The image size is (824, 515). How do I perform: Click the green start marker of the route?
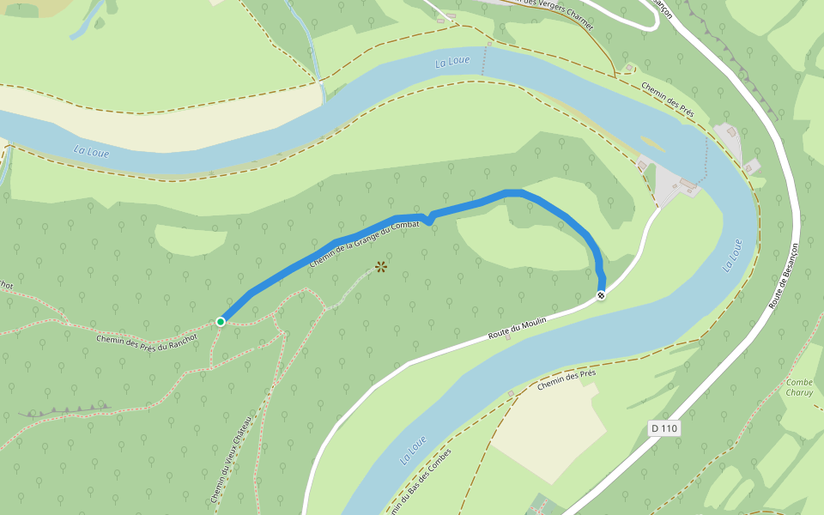[x=221, y=321]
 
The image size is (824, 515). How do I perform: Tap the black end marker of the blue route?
[x=602, y=295]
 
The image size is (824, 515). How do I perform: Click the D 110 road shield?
[x=664, y=427]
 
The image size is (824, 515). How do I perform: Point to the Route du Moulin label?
[x=517, y=327]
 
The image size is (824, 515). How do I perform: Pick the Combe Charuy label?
[x=799, y=387]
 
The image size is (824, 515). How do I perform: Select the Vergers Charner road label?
[x=557, y=15]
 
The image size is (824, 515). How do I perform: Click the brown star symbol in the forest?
[x=381, y=268]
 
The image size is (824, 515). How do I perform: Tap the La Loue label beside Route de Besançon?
[x=732, y=255]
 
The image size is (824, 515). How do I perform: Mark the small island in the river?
[x=651, y=142]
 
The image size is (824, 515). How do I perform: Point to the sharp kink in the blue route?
[x=427, y=219]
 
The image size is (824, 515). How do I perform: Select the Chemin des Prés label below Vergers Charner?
[x=668, y=100]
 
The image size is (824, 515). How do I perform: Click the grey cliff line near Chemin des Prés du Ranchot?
[x=69, y=409]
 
